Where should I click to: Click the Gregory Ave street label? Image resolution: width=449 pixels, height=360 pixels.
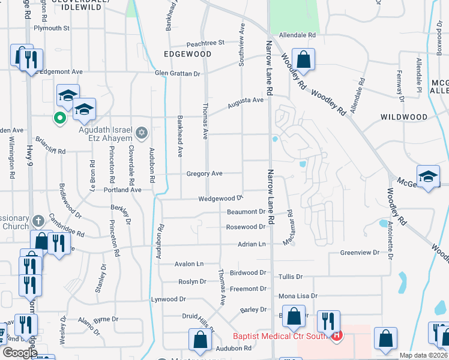point(204,173)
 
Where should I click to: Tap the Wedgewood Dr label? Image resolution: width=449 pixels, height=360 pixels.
point(220,198)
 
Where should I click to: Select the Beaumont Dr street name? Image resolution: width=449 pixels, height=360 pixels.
point(246,212)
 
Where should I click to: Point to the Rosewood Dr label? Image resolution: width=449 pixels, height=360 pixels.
point(245,227)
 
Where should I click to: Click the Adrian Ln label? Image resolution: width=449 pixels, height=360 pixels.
point(252,244)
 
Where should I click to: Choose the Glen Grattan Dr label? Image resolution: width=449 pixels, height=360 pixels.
point(176,73)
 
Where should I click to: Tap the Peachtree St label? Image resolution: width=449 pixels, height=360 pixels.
point(205,43)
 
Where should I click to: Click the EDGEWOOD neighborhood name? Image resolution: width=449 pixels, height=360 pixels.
point(187,54)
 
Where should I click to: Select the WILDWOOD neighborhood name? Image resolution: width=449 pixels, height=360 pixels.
point(403,117)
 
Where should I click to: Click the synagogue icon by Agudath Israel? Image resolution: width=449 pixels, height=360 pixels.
point(141,133)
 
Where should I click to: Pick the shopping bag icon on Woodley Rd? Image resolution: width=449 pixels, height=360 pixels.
point(304,59)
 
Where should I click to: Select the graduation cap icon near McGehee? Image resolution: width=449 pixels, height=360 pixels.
point(427,177)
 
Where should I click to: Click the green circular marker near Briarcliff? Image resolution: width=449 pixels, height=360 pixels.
point(59,118)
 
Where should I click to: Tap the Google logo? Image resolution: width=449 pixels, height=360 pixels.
point(19,353)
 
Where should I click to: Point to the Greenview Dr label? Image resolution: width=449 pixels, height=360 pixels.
point(360,253)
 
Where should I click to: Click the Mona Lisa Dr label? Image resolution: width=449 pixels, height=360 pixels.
point(298,296)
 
